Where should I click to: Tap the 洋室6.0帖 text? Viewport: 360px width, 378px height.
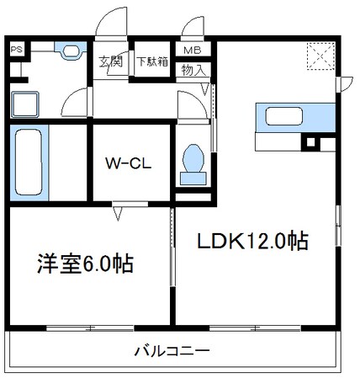tap(85, 264)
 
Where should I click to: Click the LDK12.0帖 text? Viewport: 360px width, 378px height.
tap(252, 242)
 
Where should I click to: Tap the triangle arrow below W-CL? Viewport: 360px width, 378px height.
tap(117, 214)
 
